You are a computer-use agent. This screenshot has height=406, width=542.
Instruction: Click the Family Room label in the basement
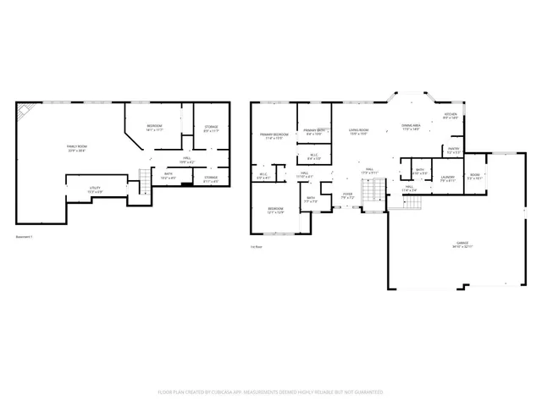click(77, 148)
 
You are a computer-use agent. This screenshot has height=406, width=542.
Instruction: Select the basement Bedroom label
click(154, 128)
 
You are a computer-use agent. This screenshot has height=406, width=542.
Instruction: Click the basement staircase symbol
click(144, 177)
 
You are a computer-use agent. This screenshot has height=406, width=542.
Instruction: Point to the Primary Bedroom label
click(274, 135)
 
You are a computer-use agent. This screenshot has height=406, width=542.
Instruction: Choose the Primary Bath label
click(314, 132)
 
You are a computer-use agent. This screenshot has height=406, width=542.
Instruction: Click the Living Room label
click(357, 132)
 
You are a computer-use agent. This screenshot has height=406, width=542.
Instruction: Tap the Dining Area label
click(412, 127)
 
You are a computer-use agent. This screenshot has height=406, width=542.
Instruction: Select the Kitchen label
click(451, 117)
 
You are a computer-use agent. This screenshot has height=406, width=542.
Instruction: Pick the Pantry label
click(452, 151)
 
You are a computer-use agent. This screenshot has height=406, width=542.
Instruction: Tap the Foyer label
click(347, 195)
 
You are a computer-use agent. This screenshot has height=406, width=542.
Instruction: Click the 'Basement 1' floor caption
click(25, 236)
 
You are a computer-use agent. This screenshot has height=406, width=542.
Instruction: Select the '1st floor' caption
click(256, 247)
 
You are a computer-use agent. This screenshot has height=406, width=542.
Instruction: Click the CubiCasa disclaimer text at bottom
click(271, 392)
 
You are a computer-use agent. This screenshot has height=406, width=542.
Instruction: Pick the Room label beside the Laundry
click(474, 178)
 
